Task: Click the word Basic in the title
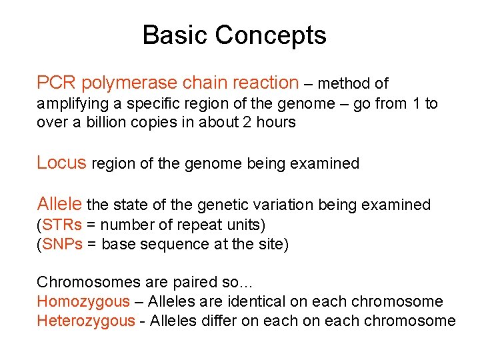171,35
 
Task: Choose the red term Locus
61,162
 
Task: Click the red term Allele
59,204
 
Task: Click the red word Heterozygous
85,321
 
